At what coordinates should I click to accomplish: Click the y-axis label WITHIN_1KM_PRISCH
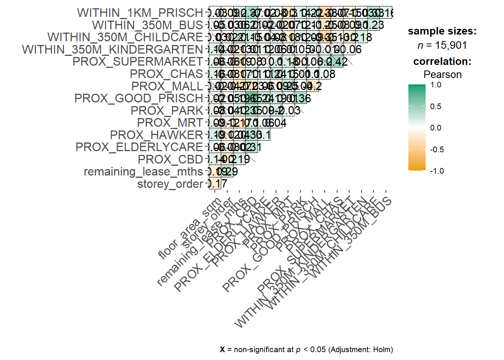tap(140, 13)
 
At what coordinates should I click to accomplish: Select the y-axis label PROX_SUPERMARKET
tap(138, 61)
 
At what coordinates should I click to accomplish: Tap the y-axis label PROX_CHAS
tap(166, 74)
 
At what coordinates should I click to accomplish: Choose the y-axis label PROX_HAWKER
tap(156, 135)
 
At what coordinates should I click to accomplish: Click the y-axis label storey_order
tap(170, 184)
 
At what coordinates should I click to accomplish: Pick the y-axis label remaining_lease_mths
tap(143, 172)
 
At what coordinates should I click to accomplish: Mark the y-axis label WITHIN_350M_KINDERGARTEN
tap(112, 49)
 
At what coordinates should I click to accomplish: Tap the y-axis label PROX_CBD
tap(170, 159)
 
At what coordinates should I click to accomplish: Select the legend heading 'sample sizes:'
tap(442, 31)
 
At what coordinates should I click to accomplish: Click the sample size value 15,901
tap(451, 45)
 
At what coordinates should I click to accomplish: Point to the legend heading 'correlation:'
tap(442, 61)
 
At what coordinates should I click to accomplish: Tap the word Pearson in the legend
tap(442, 75)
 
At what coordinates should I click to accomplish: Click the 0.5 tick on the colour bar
tap(435, 106)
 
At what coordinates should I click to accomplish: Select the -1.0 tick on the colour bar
tap(437, 171)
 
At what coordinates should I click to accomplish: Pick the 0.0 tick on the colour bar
tap(435, 128)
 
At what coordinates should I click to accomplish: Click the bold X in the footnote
tap(222, 349)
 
